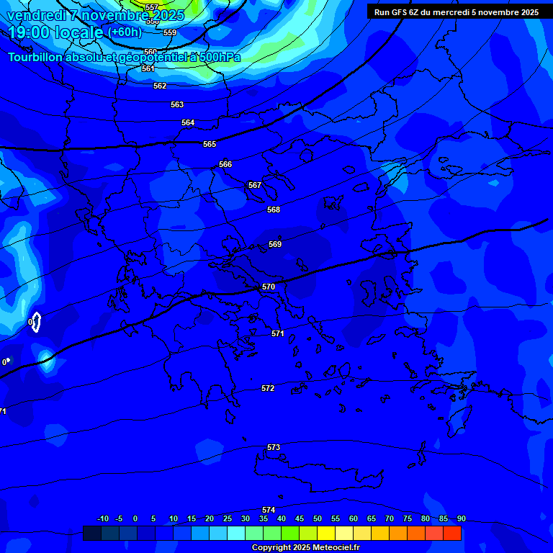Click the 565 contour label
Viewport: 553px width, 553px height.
pos(210,145)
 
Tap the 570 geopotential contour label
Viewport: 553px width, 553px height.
pos(269,287)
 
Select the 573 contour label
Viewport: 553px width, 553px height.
pos(274,448)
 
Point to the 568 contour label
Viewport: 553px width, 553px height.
pos(274,210)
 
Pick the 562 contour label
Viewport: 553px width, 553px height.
pos(160,86)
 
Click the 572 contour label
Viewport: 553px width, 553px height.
pos(268,389)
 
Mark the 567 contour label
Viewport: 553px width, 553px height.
pos(255,186)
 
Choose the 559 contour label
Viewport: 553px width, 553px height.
pos(170,33)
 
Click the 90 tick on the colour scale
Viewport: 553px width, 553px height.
pos(461,519)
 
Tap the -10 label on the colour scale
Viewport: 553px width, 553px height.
pos(102,519)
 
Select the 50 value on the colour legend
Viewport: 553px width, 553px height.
pos(318,519)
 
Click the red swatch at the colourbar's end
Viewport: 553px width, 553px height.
pos(452,533)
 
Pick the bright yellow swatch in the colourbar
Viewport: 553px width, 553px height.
pos(326,533)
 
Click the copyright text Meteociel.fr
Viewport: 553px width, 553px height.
pos(305,548)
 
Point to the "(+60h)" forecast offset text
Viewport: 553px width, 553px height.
pos(125,32)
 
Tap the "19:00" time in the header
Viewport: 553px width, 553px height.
pos(26,32)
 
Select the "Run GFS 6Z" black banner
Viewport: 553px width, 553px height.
pos(457,12)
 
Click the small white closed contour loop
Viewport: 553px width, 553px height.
pos(36,322)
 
